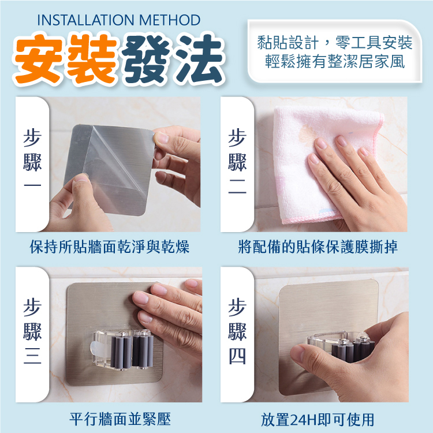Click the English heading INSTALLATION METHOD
(119, 20)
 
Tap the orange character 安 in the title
(38, 58)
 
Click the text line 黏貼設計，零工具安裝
(334, 43)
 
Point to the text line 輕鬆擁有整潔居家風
(335, 61)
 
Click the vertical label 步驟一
(32, 159)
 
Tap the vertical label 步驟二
(237, 161)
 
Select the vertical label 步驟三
(32, 331)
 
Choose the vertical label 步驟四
(237, 331)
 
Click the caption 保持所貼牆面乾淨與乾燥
(110, 247)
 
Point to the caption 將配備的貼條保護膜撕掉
(318, 247)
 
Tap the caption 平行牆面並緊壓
(120, 419)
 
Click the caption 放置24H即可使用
(318, 420)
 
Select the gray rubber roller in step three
(121, 350)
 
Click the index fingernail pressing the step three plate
(140, 298)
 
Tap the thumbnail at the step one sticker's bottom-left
(81, 178)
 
